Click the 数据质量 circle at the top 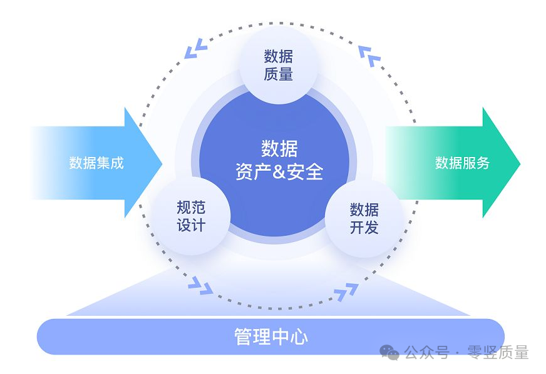tap(279, 65)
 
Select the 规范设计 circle tap(191, 216)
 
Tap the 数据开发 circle tap(364, 218)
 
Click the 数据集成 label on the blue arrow tap(96, 163)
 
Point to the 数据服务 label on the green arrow tap(462, 163)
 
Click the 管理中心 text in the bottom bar tap(271, 336)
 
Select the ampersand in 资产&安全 tap(279, 171)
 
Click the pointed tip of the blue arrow tap(162, 163)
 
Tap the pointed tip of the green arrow tap(520, 163)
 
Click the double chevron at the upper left tap(195, 48)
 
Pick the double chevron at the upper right tap(370, 56)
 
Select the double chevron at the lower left tap(200, 286)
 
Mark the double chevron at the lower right tap(346, 291)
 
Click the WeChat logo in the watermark tap(389, 353)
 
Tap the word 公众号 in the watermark tap(426, 353)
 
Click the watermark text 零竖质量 tap(498, 353)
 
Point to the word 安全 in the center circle tap(305, 171)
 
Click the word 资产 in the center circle tap(253, 171)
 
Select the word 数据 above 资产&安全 tap(279, 149)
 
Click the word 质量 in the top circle tap(278, 74)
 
